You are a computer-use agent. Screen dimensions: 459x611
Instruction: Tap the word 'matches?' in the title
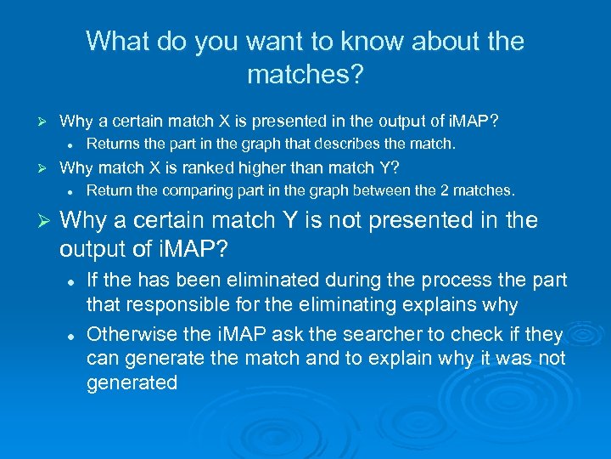coord(305,75)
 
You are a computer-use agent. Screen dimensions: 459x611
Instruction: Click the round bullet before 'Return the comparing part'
coord(74,190)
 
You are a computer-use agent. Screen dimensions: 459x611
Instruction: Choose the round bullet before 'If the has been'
coord(74,280)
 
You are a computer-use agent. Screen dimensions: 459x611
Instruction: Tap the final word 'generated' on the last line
coord(132,382)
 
